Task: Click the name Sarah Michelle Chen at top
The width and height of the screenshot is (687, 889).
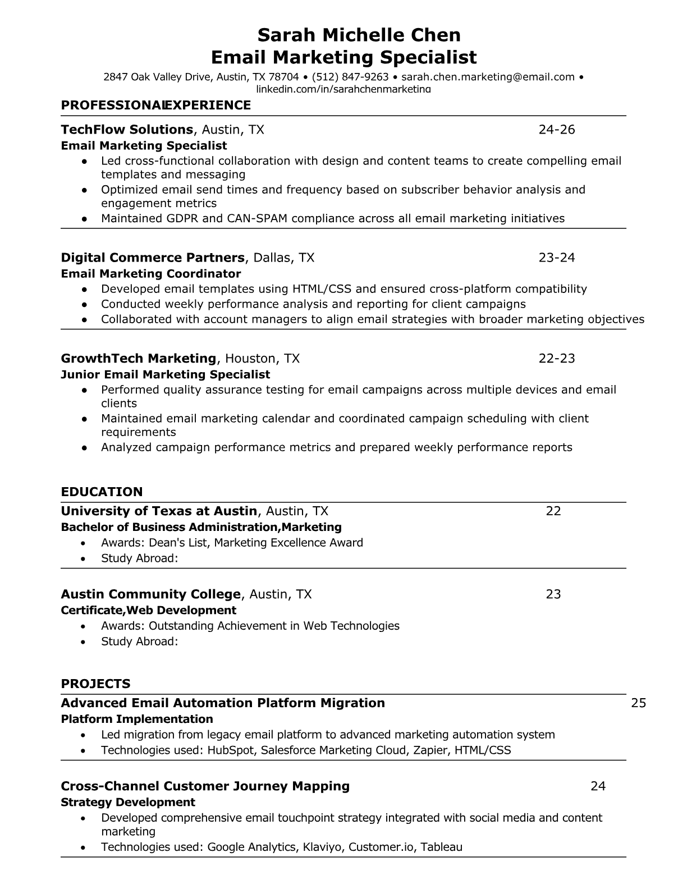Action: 359,35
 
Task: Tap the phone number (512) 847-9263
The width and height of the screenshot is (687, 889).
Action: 350,77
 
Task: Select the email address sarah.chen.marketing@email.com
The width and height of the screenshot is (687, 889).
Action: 488,77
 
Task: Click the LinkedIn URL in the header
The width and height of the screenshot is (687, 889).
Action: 343,89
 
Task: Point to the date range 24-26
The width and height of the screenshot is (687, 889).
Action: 557,130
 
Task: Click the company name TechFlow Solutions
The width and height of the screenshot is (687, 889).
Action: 127,130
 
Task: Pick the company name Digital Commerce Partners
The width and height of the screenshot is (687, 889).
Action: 153,258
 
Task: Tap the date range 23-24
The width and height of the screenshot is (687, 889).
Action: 557,258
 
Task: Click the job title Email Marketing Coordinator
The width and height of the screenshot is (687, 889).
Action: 150,274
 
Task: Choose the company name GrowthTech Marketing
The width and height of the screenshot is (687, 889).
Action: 138,358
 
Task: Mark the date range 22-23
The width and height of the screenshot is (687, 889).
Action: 557,358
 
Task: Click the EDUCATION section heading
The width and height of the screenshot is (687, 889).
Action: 102,492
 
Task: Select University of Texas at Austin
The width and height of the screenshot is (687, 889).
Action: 159,511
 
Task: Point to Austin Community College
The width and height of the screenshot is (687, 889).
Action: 150,594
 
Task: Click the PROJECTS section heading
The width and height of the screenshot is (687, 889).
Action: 95,684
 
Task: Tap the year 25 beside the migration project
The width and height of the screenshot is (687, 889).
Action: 639,703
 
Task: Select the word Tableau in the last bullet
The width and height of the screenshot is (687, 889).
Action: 441,847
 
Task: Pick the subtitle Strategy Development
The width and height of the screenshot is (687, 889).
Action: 128,802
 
